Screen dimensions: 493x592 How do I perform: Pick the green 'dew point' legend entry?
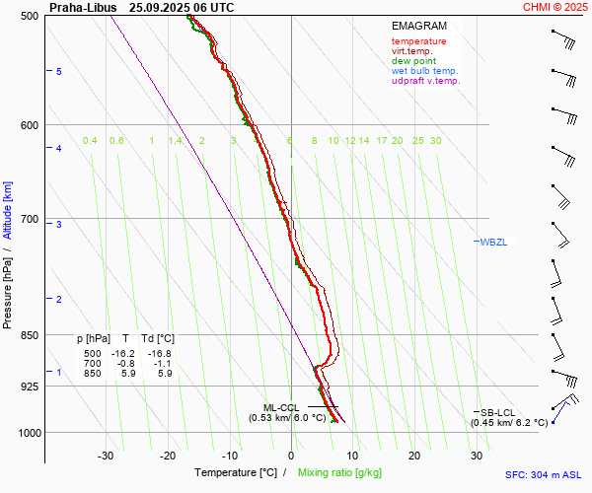pos(414,61)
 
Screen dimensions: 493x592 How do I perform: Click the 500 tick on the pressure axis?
pos(29,16)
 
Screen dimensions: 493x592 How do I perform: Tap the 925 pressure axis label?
pos(29,387)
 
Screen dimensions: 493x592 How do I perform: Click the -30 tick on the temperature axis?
pos(106,456)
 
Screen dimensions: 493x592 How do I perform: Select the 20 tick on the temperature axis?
pos(414,456)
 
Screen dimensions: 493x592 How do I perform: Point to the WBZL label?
pos(493,242)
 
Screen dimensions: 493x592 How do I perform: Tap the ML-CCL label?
pos(281,407)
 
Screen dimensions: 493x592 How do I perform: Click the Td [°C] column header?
pos(156,338)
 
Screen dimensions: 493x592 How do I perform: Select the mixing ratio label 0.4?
pos(90,141)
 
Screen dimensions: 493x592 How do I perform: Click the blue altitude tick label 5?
pos(59,72)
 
